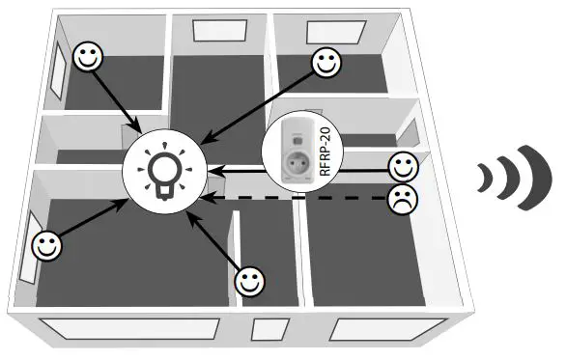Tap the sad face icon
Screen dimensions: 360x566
point(401,200)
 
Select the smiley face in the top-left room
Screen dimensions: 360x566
point(89,57)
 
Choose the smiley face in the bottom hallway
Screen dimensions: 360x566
point(250,281)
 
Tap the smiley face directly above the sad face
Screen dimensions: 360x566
point(402,166)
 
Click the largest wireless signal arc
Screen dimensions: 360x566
point(530,177)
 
